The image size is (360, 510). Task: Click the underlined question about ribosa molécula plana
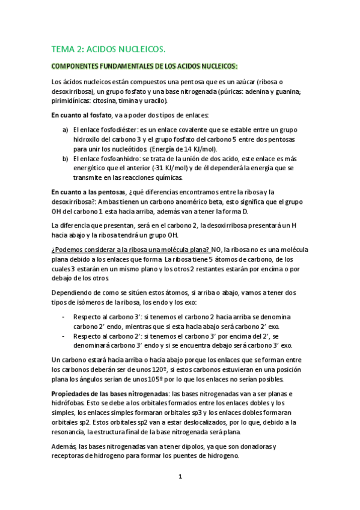[130, 248]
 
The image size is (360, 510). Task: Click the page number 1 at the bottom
[180, 478]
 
